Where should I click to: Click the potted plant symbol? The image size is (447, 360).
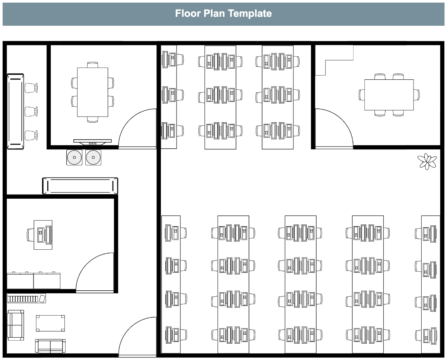click(x=427, y=161)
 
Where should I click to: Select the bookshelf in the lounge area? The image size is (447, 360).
click(x=26, y=299)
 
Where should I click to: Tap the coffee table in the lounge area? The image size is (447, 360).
click(x=50, y=323)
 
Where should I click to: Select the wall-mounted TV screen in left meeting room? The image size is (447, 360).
click(x=92, y=141)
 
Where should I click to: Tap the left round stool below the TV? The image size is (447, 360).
click(x=74, y=157)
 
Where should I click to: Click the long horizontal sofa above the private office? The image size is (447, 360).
click(x=80, y=186)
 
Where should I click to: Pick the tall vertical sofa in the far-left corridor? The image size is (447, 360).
click(x=15, y=111)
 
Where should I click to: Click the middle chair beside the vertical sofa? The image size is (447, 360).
click(x=31, y=111)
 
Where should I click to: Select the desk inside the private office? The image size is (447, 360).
click(x=43, y=235)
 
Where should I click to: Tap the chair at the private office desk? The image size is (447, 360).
click(x=30, y=235)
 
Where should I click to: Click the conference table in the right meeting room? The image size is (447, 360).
click(x=389, y=95)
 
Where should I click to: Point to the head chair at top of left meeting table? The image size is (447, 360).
click(x=92, y=65)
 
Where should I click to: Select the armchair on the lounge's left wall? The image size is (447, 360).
click(x=15, y=325)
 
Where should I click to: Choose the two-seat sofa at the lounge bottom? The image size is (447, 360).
click(x=50, y=346)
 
